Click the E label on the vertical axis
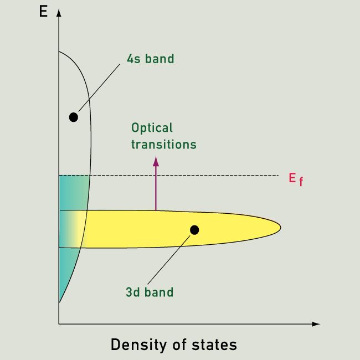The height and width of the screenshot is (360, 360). point(43,11)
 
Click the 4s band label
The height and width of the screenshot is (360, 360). point(151,59)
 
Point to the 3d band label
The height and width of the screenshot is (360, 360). point(150,292)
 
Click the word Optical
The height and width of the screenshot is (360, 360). point(152,128)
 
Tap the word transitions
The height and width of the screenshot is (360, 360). point(164,145)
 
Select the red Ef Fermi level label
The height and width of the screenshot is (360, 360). point(296,179)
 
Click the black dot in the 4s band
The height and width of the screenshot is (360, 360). point(74,117)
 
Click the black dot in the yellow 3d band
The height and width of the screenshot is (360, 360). point(194,230)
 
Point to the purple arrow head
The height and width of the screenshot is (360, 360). point(156,161)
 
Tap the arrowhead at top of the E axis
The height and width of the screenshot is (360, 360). point(59,13)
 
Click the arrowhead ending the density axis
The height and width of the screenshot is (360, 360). point(316,324)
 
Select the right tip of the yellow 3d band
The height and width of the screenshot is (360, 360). point(281,228)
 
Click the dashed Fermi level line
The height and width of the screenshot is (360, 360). point(169,176)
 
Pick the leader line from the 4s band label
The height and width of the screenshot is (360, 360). point(99,88)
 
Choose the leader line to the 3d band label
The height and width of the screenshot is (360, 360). point(169,260)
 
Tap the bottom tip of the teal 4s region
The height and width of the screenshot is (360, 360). point(59,302)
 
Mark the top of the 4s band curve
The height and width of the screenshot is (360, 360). point(59,52)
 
